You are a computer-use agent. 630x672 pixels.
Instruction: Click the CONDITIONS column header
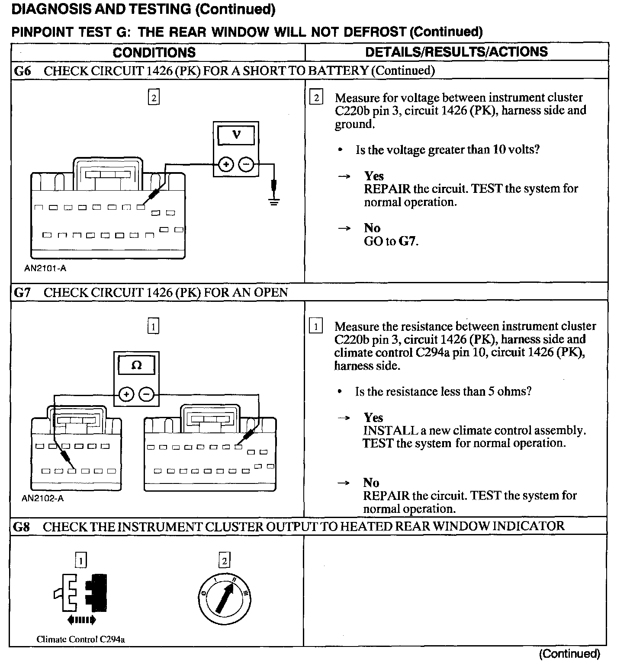[154, 52]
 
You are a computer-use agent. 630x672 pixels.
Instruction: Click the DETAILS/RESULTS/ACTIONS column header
[456, 52]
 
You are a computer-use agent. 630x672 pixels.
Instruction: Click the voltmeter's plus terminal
[226, 165]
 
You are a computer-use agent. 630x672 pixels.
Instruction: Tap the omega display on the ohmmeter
[136, 365]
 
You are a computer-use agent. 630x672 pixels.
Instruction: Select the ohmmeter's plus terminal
[126, 394]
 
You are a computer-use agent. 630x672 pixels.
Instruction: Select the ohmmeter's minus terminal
[146, 394]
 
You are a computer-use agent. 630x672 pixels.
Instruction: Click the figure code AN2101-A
[45, 268]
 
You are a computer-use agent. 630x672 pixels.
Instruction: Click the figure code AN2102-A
[43, 498]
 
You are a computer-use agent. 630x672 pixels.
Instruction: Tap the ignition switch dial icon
[225, 600]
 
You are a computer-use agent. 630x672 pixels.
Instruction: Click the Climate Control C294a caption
[81, 640]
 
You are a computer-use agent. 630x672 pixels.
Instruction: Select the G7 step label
[22, 292]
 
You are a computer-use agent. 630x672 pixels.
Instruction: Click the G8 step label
[22, 526]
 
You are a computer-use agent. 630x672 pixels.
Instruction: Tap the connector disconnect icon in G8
[81, 593]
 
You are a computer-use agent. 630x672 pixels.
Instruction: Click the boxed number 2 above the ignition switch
[224, 561]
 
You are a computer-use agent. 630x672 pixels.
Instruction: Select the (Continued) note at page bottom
[569, 654]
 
